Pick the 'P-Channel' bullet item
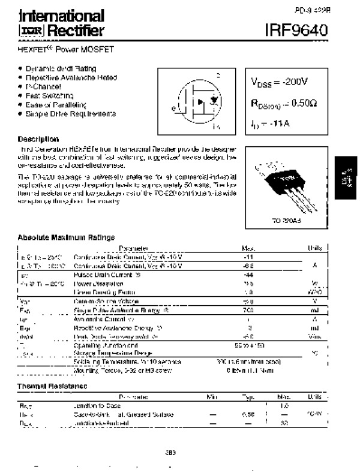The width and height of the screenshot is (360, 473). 43,86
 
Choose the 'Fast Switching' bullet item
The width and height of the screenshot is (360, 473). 50,95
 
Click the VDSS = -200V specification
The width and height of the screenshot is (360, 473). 280,82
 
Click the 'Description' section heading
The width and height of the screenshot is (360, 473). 38,138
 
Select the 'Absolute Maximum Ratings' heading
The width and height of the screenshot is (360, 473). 66,237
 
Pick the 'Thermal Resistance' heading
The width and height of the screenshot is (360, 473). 52,385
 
